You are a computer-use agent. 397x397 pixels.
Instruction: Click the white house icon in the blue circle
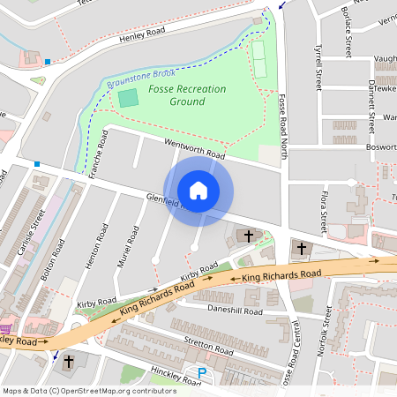tap(198, 190)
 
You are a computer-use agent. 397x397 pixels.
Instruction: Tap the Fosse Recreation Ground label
tap(186, 95)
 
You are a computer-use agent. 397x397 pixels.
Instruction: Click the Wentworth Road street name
tap(194, 148)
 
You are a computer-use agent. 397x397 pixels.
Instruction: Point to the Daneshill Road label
tap(235, 311)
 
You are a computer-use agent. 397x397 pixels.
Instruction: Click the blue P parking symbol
tap(202, 374)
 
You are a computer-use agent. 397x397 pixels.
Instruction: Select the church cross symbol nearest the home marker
tap(248, 236)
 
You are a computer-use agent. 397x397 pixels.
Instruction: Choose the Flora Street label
tap(323, 212)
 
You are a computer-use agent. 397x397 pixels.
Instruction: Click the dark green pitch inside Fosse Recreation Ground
tap(129, 98)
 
